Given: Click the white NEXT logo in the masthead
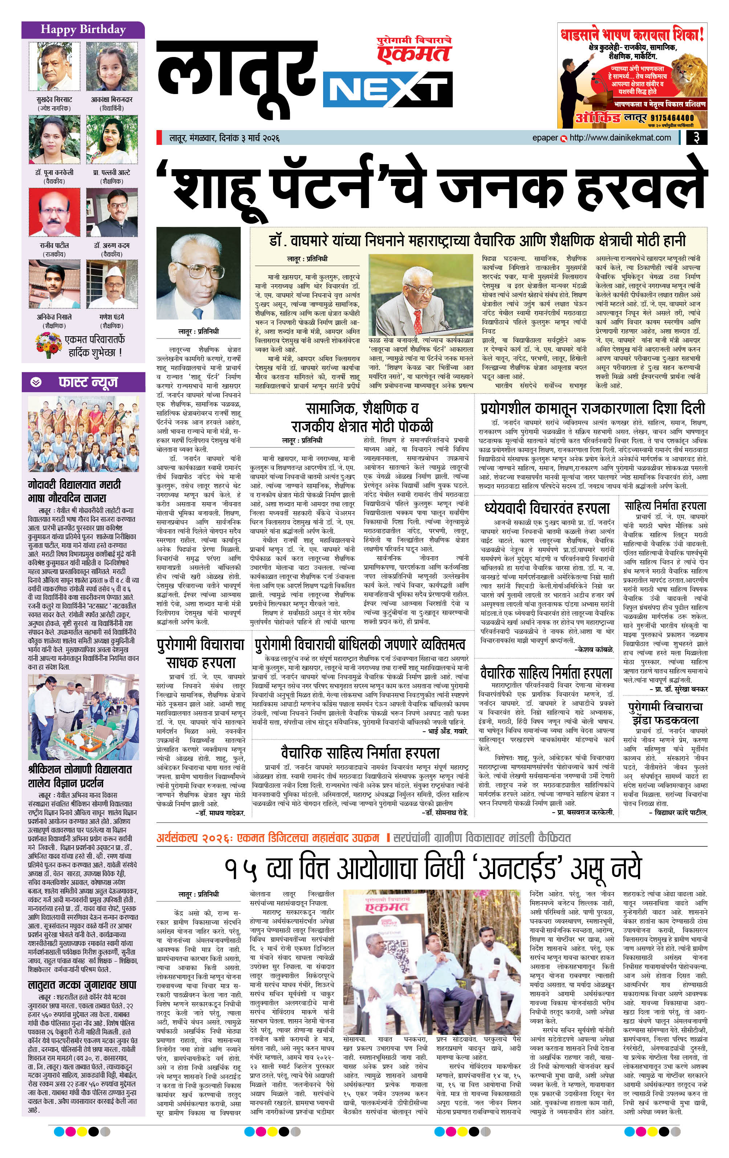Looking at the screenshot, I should coord(388,89).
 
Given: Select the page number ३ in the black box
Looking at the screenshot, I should coord(696,138).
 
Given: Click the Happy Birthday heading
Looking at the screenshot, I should coord(83,30).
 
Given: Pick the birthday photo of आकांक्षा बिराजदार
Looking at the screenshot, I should coord(111,66).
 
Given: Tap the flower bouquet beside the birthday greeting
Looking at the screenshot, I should coord(48,345).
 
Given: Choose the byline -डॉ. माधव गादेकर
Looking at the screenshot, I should coord(221,813).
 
